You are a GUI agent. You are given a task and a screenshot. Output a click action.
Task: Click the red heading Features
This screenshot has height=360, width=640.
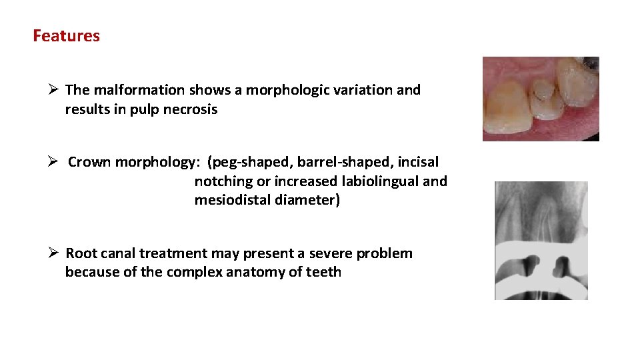[x=66, y=36]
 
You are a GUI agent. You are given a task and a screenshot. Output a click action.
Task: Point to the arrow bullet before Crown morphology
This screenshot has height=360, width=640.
[x=56, y=162]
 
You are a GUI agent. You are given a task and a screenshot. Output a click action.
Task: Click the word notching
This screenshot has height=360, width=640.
[x=222, y=181]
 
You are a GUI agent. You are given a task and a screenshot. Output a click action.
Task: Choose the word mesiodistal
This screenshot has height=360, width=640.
[x=232, y=200]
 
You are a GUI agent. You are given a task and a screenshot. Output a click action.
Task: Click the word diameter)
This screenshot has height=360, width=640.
[x=308, y=200]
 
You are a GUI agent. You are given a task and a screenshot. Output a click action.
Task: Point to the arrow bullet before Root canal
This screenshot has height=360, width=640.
[x=55, y=253]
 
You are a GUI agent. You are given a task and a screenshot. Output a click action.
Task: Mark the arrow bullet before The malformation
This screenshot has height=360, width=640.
[x=55, y=90]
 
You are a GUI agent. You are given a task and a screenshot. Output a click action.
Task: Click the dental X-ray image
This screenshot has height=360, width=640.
[x=541, y=240]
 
